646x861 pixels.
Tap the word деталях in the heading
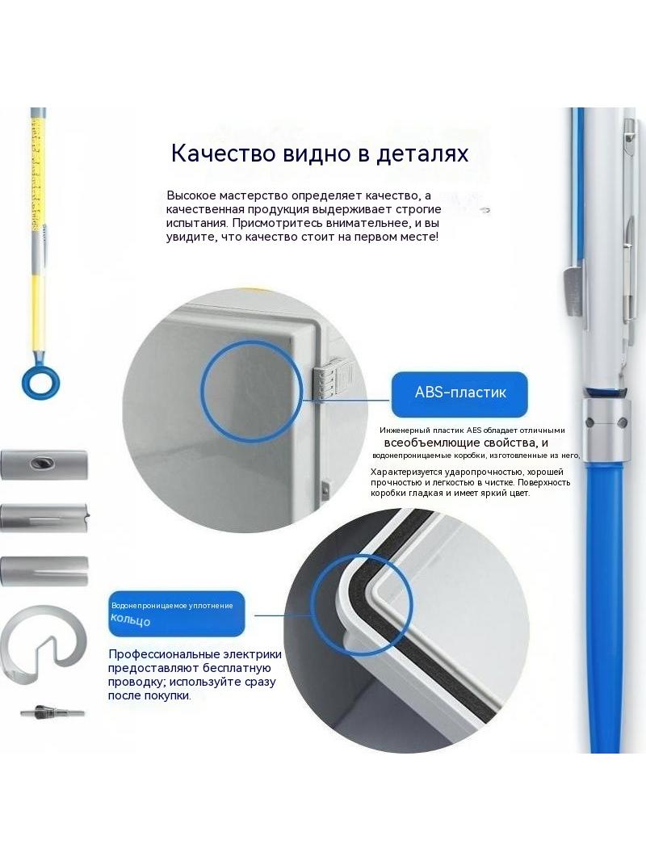[x=422, y=153]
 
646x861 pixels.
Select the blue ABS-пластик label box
[x=459, y=393]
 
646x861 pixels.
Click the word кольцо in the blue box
[x=130, y=620]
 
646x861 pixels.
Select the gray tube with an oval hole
[x=44, y=464]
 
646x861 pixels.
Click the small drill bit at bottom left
[x=52, y=712]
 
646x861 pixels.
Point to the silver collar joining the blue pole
[x=606, y=430]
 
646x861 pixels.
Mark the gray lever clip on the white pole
[x=573, y=291]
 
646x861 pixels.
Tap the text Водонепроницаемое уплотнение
[x=172, y=606]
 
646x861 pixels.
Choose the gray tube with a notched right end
[x=45, y=517]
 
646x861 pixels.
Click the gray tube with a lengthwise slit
[x=44, y=571]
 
